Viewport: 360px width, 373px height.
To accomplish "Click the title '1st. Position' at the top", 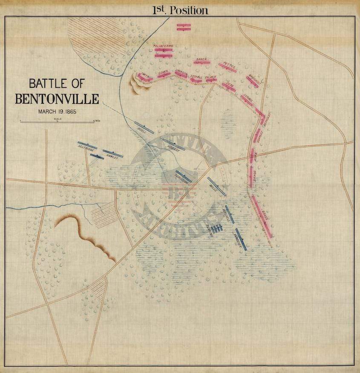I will pos(180,10).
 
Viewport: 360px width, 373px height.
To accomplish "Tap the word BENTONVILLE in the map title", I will pos(57,99).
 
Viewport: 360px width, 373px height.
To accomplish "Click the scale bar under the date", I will pos(57,122).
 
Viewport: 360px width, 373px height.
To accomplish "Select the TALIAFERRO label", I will pos(163,46).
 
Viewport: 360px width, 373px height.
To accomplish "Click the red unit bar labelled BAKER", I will pos(202,62).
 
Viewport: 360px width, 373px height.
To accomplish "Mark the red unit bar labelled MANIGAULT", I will pos(252,82).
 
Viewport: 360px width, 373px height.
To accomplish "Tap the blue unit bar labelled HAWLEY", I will pos(113,153).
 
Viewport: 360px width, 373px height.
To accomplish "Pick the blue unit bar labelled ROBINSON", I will pos(184,176).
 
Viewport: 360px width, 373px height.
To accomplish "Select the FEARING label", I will pos(210,230).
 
